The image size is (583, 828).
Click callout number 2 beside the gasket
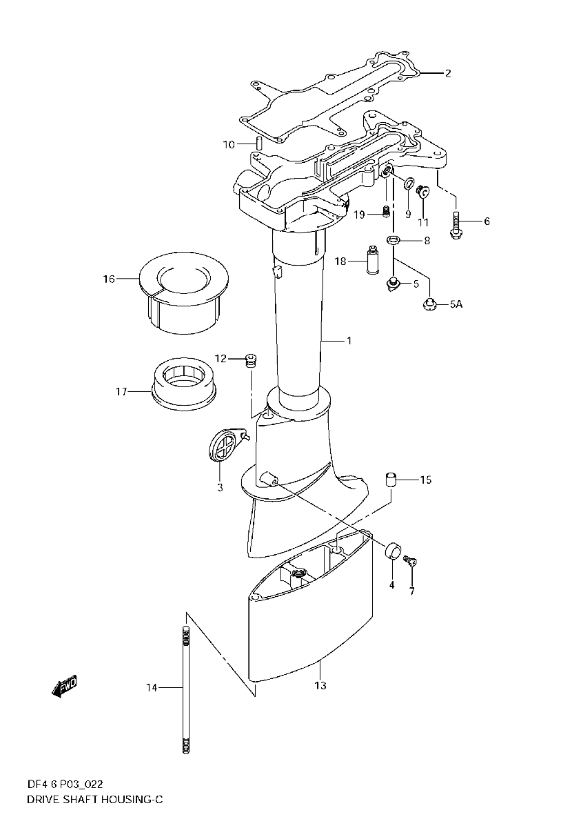pos(448,73)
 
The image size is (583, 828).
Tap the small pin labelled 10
pos(259,143)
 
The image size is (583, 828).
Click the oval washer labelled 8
pos(393,240)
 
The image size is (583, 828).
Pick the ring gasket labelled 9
pos(409,183)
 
